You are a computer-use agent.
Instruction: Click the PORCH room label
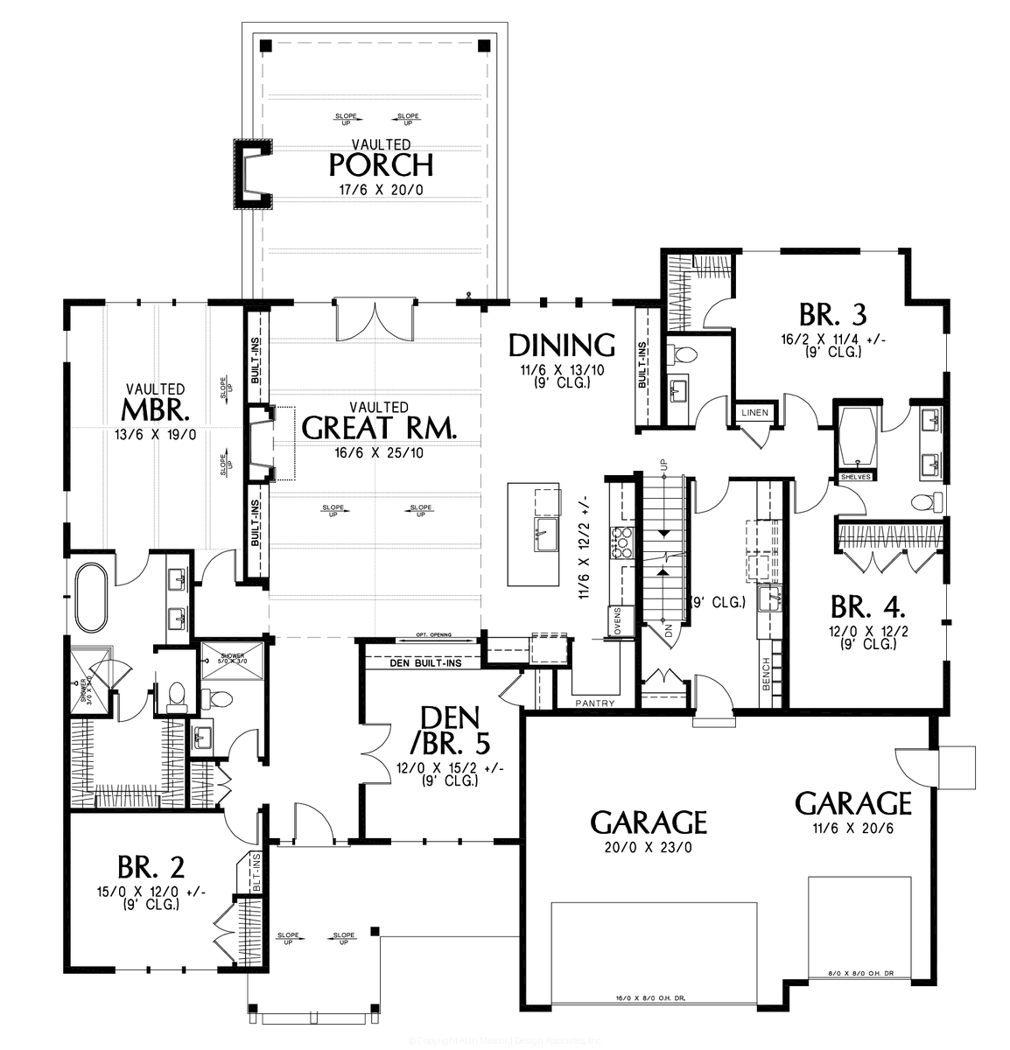point(381,164)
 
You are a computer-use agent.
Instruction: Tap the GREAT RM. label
point(379,427)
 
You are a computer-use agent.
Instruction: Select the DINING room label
point(562,345)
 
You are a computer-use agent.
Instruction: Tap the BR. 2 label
point(151,867)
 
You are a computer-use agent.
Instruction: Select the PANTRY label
point(594,703)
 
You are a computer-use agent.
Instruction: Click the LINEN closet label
point(754,412)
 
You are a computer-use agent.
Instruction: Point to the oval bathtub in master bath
point(89,598)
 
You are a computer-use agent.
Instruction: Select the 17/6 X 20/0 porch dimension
point(381,190)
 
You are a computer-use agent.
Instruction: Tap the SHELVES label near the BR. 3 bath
point(853,477)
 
